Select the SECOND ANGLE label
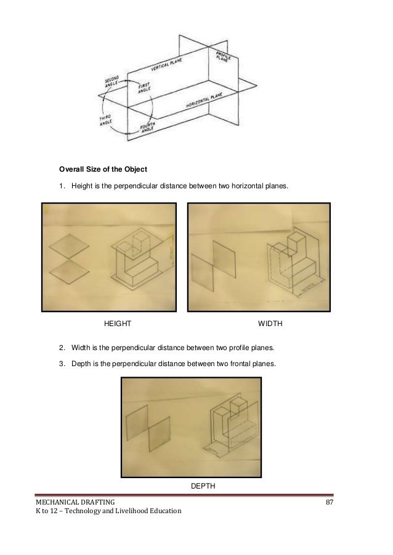(111, 82)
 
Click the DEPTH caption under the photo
(203, 486)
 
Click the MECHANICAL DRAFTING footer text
(75, 505)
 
